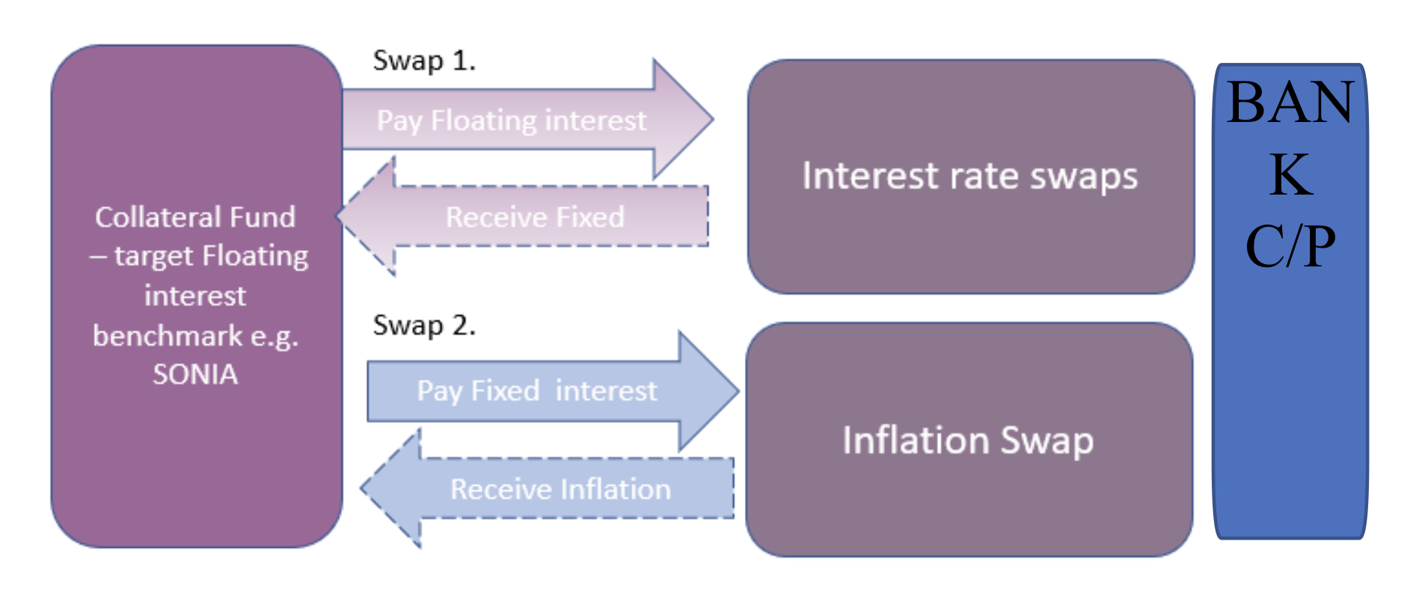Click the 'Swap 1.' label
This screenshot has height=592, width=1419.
click(x=424, y=61)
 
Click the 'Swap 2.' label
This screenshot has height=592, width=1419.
click(x=424, y=326)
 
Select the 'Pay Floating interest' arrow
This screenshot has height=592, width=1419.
click(x=512, y=120)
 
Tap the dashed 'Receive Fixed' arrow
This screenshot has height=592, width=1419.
click(x=535, y=217)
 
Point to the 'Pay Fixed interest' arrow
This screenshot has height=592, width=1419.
click(x=537, y=391)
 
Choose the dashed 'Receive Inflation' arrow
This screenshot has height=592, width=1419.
click(x=560, y=489)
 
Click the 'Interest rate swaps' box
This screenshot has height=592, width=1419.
click(x=970, y=177)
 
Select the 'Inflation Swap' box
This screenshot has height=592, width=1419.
click(x=968, y=440)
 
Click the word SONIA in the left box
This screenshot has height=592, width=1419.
click(x=195, y=374)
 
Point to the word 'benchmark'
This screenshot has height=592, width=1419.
click(x=168, y=336)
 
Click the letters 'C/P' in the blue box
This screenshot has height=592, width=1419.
click(x=1290, y=245)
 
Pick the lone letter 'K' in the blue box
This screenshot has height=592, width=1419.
click(x=1290, y=174)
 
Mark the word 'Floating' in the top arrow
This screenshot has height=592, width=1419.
click(x=484, y=120)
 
